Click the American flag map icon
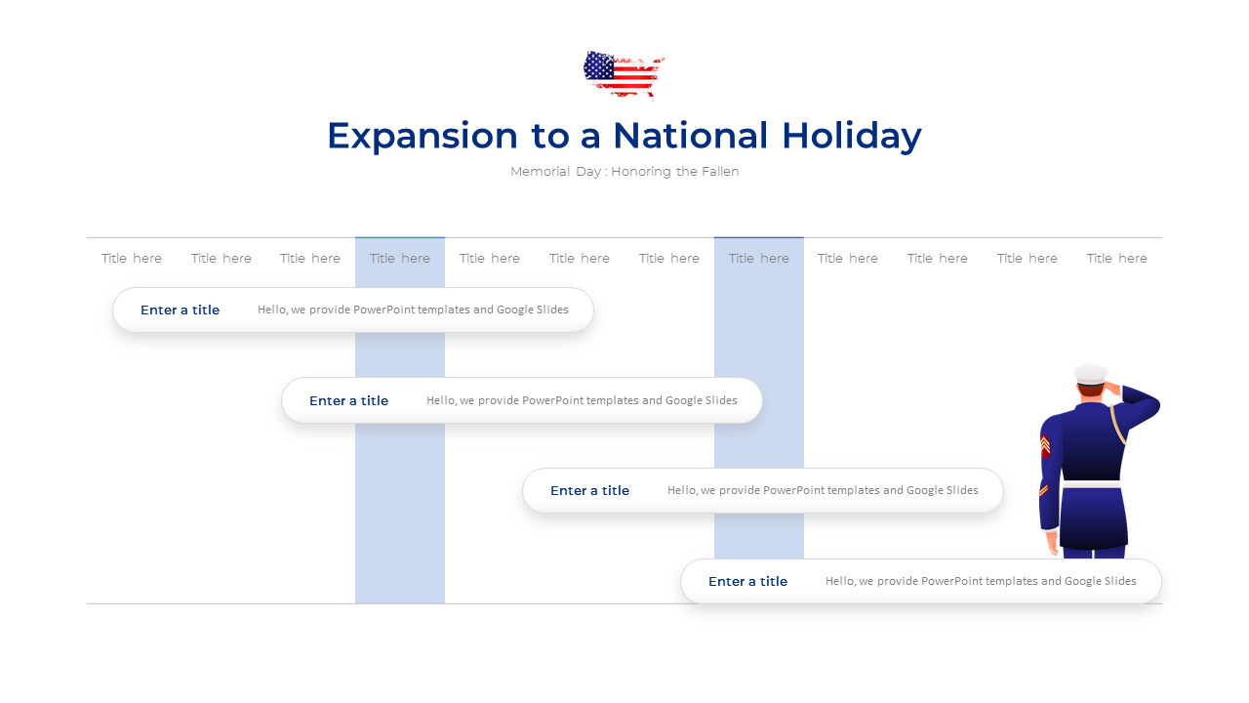tap(624, 74)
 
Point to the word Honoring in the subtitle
tap(641, 172)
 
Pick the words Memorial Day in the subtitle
tap(553, 172)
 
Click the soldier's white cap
tap(1091, 373)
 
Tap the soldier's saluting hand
tap(1110, 388)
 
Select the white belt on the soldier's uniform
tap(1091, 484)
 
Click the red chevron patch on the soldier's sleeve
tap(1045, 445)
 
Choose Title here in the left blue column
tap(400, 259)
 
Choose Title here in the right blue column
tap(759, 259)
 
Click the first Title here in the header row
tap(132, 259)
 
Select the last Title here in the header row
tap(1117, 259)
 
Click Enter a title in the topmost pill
tap(181, 310)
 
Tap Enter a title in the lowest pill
tap(748, 582)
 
